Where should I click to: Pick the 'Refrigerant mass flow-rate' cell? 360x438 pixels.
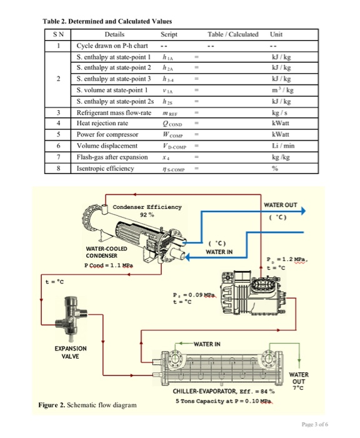(114, 112)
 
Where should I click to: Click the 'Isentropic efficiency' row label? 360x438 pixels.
(105, 168)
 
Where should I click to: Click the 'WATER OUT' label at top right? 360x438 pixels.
(281, 205)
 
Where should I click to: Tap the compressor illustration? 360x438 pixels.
(250, 293)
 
